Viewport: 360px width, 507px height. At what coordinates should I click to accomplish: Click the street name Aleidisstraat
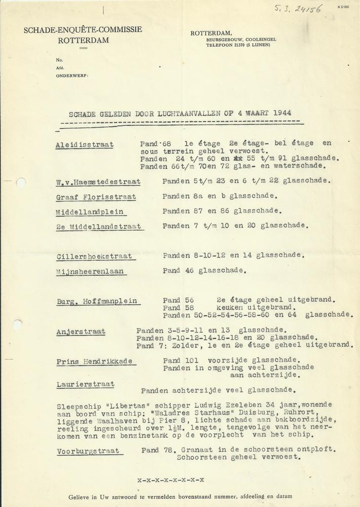pyautogui.click(x=84, y=145)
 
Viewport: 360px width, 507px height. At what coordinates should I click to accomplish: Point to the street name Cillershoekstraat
pyautogui.click(x=94, y=257)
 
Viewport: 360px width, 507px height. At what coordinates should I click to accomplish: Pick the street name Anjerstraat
pyautogui.click(x=81, y=332)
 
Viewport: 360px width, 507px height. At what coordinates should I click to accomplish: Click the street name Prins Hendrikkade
pyautogui.click(x=94, y=361)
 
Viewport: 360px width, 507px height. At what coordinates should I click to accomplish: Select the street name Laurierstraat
pyautogui.click(x=85, y=384)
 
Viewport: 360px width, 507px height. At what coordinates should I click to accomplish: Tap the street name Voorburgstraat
pyautogui.click(x=87, y=451)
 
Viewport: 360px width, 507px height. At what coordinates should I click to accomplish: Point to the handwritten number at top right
pyautogui.click(x=306, y=9)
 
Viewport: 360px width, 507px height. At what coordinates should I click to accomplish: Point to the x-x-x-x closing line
pyautogui.click(x=171, y=479)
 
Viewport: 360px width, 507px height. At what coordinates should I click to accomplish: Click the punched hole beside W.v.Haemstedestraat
pyautogui.click(x=21, y=182)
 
